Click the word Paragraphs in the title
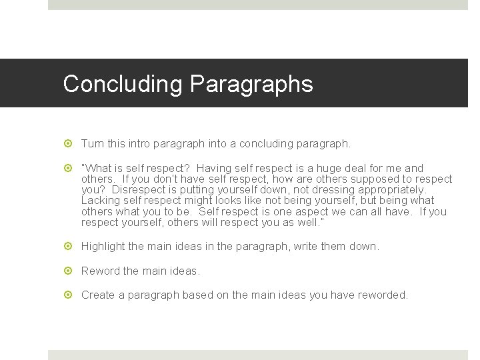click(x=251, y=85)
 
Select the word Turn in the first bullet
click(x=92, y=144)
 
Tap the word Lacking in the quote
click(x=100, y=201)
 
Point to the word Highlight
click(x=103, y=247)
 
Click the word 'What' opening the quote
click(x=97, y=169)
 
